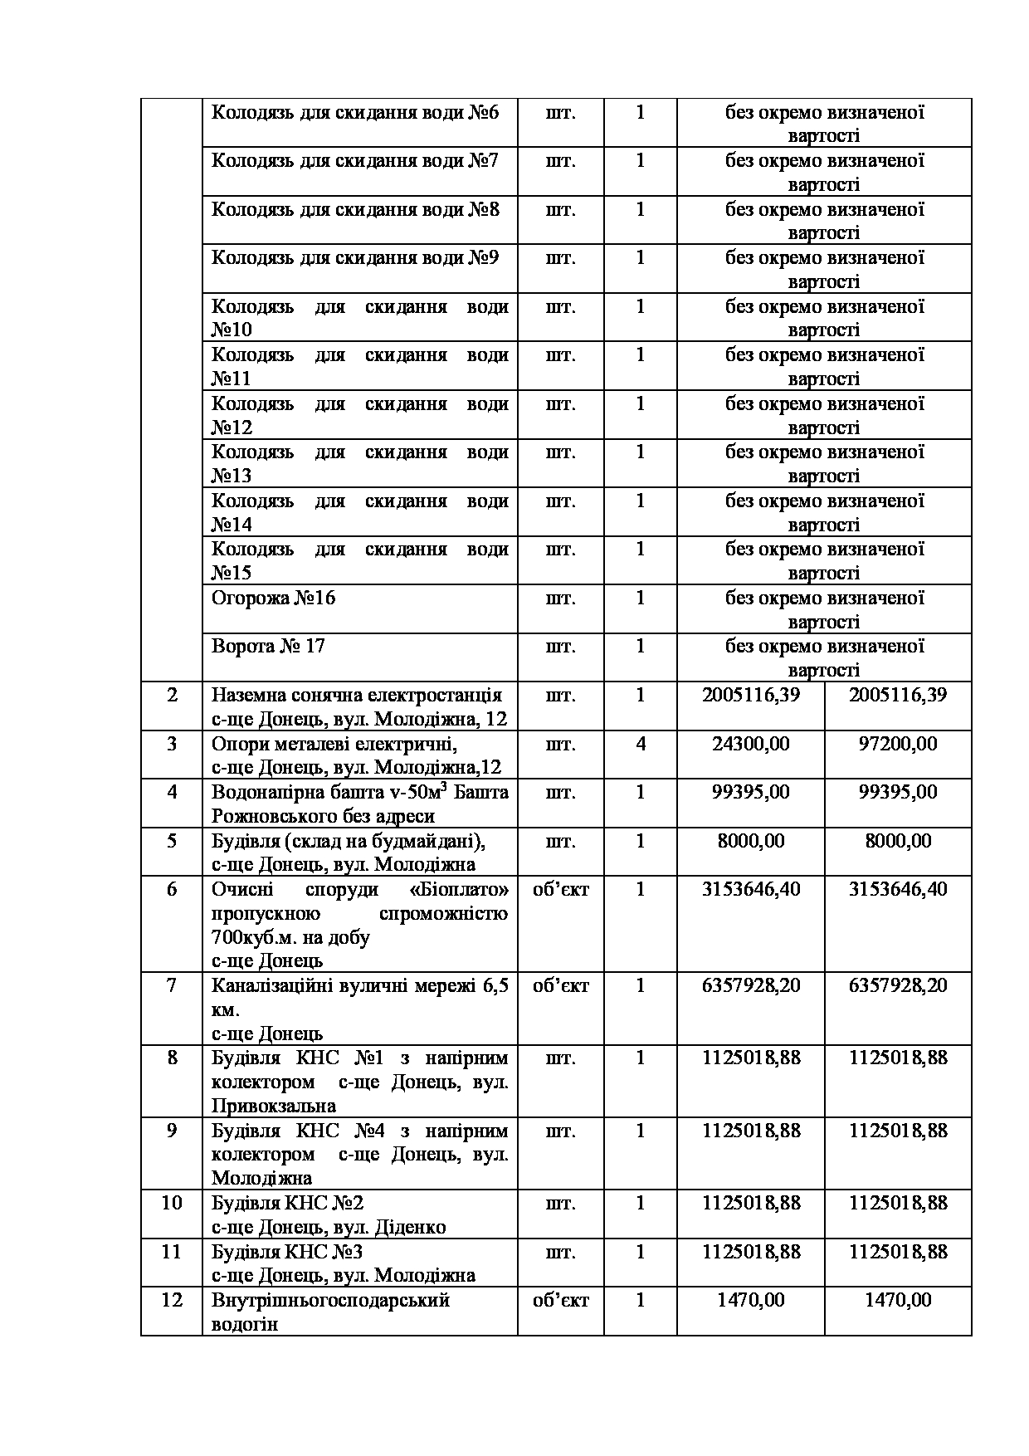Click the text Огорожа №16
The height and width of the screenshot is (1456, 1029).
coord(274,599)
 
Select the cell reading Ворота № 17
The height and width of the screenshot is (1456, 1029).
coord(268,647)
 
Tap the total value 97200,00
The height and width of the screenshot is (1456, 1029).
coord(898,744)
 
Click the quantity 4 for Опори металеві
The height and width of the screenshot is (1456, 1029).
coord(640,744)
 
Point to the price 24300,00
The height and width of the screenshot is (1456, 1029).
coord(750,744)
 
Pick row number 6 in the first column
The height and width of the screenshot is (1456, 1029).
coord(172,890)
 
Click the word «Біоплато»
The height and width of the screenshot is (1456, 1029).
coord(459,890)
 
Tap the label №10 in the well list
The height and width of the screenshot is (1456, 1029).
coord(232,330)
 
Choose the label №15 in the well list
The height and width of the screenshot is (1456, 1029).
coord(232,574)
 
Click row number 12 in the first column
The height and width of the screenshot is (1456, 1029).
coord(172,1300)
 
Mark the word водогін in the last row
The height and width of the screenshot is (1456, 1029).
coord(245,1324)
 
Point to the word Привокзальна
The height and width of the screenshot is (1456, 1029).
coord(274,1107)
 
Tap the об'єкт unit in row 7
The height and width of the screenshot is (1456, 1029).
coord(561,986)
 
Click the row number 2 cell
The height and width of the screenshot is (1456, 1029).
coord(172,696)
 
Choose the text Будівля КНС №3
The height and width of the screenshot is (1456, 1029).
coord(287,1252)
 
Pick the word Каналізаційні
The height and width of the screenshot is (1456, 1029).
coord(271,986)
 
